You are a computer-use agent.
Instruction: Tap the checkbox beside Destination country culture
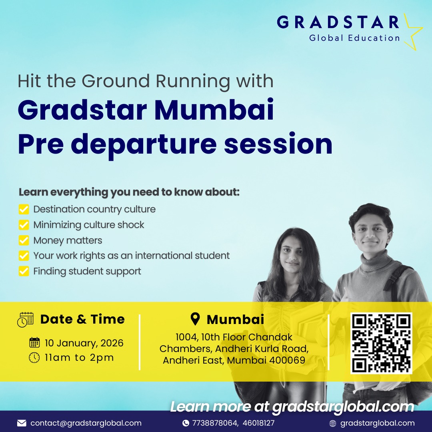coord(24,209)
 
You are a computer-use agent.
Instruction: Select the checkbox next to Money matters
coord(24,240)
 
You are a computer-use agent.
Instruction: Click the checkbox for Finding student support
coord(24,271)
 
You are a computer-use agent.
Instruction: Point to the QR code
coord(381,343)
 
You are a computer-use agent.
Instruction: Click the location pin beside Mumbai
coord(195,319)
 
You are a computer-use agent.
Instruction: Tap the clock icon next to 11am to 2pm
coord(35,358)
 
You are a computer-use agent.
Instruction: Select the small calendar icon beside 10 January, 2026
coord(35,343)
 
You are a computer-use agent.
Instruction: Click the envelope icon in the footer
coord(22,423)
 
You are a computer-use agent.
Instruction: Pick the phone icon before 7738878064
coord(186,423)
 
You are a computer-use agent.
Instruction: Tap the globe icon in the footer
coord(332,423)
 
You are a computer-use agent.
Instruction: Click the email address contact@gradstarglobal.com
coord(86,423)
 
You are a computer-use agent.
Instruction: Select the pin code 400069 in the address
coord(287,360)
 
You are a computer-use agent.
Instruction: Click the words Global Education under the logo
coord(354,38)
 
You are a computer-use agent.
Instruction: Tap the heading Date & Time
coord(82,319)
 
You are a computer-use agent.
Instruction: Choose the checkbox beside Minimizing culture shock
coord(24,225)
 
